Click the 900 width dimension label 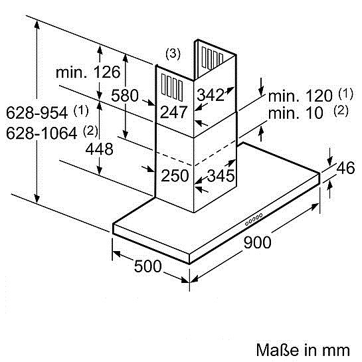258,242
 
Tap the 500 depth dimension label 147,266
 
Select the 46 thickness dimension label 345,168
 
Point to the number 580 125,96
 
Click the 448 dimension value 99,149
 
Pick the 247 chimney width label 173,112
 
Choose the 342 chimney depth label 211,95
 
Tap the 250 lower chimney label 175,175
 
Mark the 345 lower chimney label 221,175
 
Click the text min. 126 88,72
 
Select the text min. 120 300,96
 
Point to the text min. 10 296,113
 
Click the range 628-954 37,113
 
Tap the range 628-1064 42,133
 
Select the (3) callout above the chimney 173,54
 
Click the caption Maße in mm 303,350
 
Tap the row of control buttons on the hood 254,219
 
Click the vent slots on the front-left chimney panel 172,88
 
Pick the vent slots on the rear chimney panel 213,58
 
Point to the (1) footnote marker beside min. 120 345,94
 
